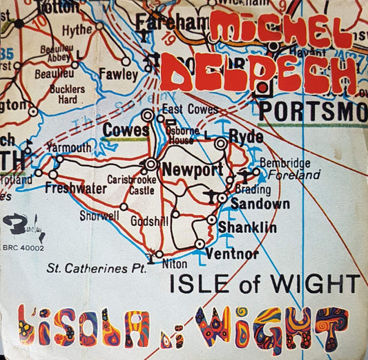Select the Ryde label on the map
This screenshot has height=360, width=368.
245,135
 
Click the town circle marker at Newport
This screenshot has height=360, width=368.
151,164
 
